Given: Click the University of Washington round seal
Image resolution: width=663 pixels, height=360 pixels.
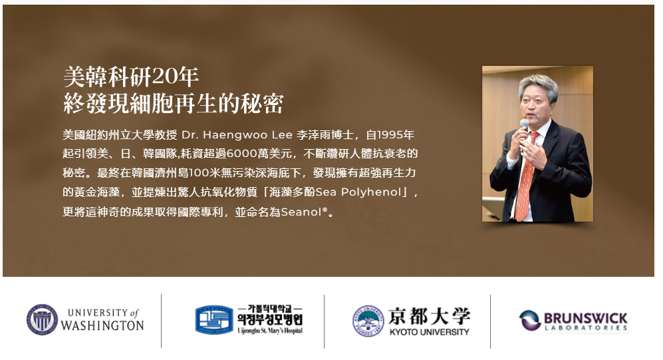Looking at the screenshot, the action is tap(42, 320).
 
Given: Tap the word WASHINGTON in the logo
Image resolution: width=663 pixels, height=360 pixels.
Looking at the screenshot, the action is tap(102, 325).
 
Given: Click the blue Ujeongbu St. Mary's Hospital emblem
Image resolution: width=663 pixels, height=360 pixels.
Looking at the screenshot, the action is tap(214, 320).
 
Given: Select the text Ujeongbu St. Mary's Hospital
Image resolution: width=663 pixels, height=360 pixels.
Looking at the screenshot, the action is tap(270, 331).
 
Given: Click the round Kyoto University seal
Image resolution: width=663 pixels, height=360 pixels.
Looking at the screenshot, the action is tap(368, 321).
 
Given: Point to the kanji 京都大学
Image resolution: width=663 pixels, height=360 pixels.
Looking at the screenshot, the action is tap(429, 316).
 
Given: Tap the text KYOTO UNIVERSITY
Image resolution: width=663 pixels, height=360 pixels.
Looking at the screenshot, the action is tap(429, 332).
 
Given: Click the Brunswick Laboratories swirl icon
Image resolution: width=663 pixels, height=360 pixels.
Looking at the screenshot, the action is tap(530, 320).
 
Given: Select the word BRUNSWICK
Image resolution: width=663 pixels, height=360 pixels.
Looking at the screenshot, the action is tap(586, 317).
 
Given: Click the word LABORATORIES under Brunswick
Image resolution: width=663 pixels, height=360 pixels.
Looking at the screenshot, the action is tap(586, 328).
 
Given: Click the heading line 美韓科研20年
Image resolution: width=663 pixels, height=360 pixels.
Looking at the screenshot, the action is tap(131, 77).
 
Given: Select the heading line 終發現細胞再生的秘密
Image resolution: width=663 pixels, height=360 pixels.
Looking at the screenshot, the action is tap(174, 104).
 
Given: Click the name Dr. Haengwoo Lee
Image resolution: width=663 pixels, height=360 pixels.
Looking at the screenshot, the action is tap(237, 135).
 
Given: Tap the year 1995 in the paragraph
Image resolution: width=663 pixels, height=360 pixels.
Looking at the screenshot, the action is tap(390, 135).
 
